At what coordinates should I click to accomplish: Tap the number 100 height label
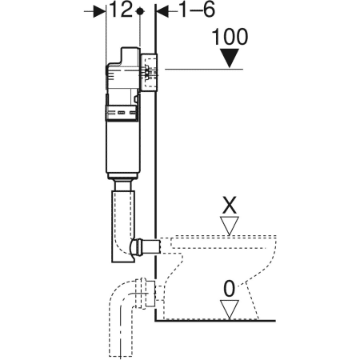230,37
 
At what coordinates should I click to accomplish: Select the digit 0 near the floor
230,287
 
